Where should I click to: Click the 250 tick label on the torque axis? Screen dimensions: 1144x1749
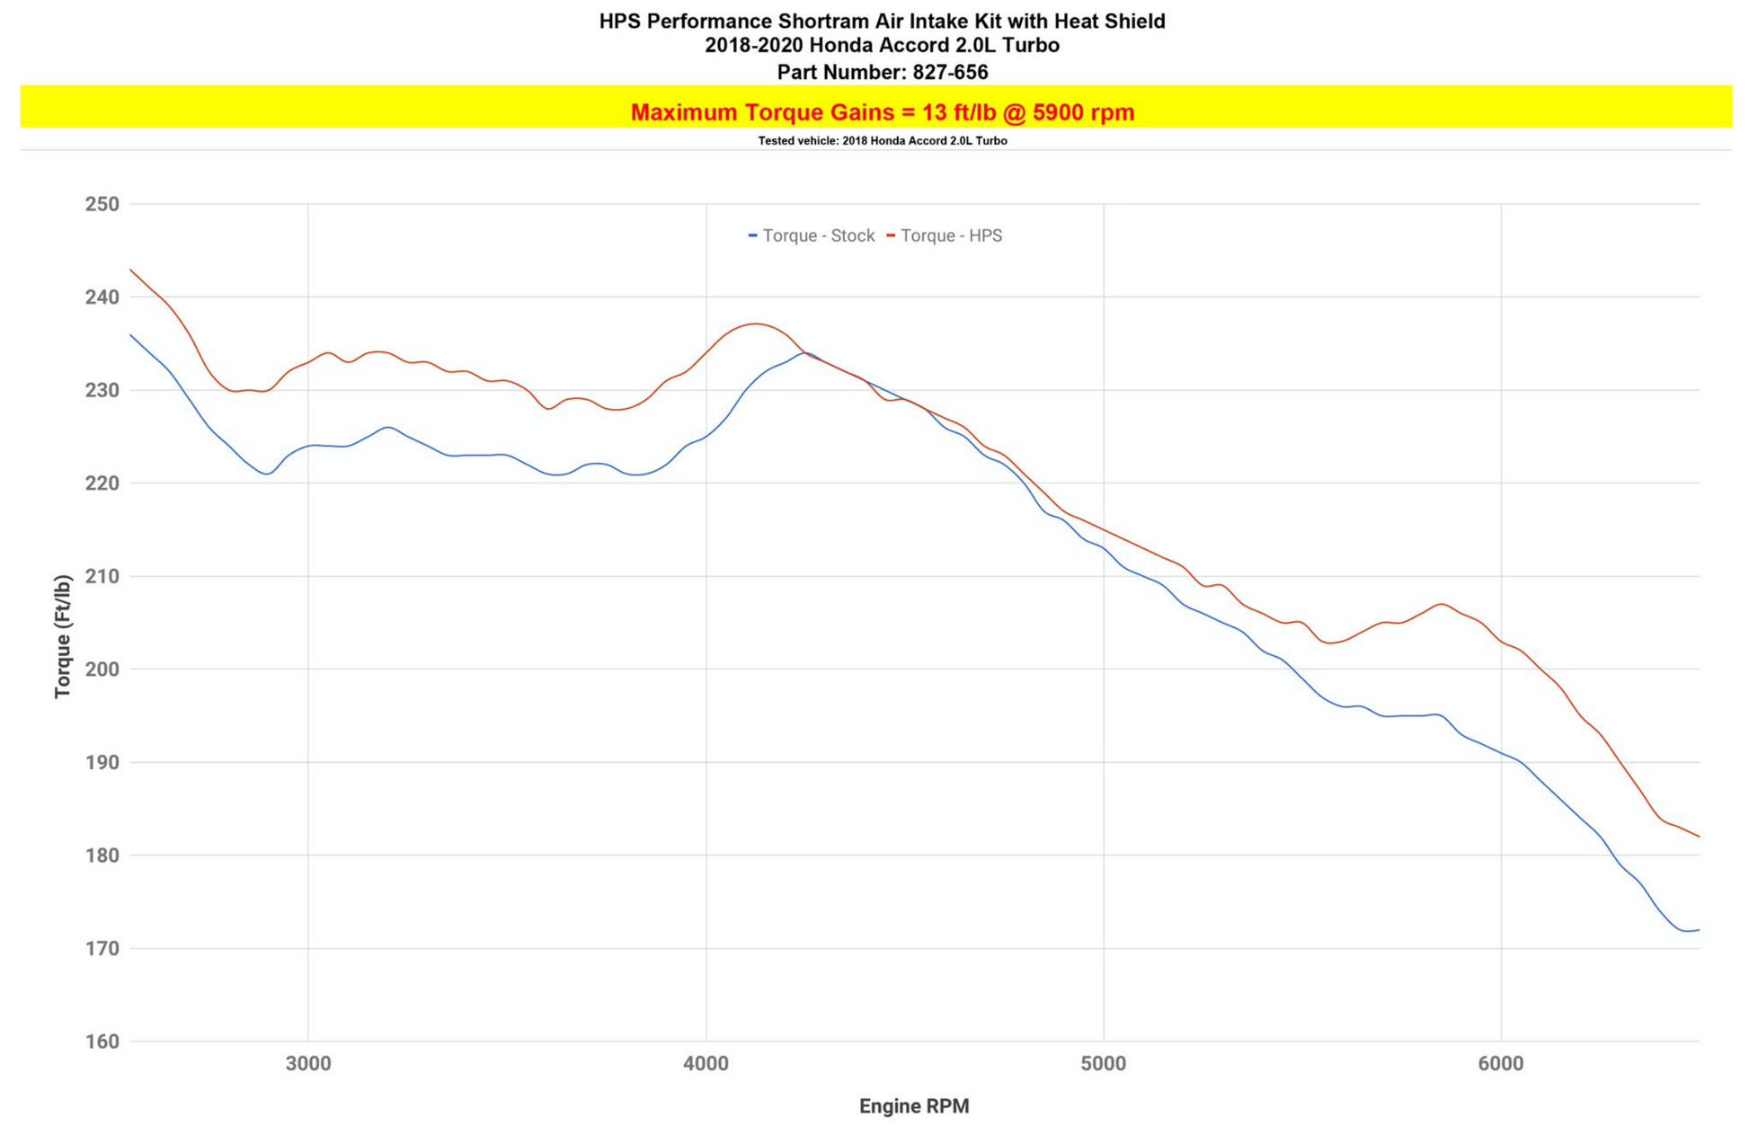click(102, 204)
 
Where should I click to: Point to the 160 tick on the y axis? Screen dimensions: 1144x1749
click(102, 1042)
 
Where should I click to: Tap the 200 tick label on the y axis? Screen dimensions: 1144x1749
click(102, 670)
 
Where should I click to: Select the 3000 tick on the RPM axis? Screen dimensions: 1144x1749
click(308, 1064)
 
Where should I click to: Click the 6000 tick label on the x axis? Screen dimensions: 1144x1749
click(1501, 1064)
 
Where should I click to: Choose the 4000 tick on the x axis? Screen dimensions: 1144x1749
click(706, 1064)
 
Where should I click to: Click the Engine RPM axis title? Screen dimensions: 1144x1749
click(913, 1106)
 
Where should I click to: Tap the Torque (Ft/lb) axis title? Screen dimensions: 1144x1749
click(62, 636)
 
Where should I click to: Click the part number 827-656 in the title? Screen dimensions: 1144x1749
click(950, 72)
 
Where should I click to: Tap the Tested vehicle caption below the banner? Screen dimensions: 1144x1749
click(882, 141)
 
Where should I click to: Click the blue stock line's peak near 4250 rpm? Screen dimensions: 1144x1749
click(805, 352)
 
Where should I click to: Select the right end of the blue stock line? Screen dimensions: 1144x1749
click(1699, 930)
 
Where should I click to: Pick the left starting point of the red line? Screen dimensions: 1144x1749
click(131, 270)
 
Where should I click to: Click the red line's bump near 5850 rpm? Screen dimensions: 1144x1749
click(1441, 604)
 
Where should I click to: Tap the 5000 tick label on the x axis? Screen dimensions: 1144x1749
click(1103, 1064)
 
